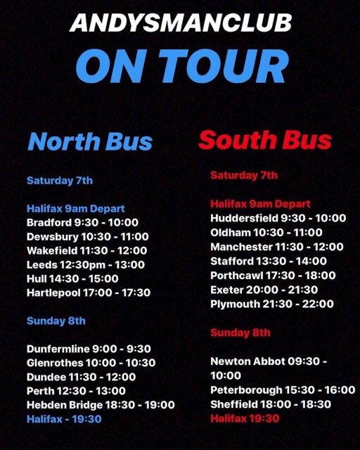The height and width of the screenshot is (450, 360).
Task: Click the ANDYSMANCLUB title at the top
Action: coord(181,22)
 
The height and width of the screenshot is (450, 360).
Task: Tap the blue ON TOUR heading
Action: coord(181,66)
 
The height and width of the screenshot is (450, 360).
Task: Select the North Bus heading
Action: coord(90,141)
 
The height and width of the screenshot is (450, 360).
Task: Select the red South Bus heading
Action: coord(264,140)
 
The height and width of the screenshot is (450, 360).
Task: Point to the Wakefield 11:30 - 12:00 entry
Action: coord(86,250)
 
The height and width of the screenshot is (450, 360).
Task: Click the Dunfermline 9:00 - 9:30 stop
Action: coord(89,349)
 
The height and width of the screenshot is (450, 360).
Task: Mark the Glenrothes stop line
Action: coord(91,363)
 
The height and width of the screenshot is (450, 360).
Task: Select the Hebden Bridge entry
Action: coord(101,405)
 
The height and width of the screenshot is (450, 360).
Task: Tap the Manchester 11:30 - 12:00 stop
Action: coord(277,247)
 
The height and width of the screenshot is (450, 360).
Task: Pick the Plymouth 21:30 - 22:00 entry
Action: coord(271,304)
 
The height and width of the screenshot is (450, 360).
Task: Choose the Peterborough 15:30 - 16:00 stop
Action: coord(283,390)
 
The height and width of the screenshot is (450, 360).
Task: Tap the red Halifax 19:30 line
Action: coord(245,418)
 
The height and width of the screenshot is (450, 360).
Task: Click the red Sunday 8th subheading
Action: coord(240,333)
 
